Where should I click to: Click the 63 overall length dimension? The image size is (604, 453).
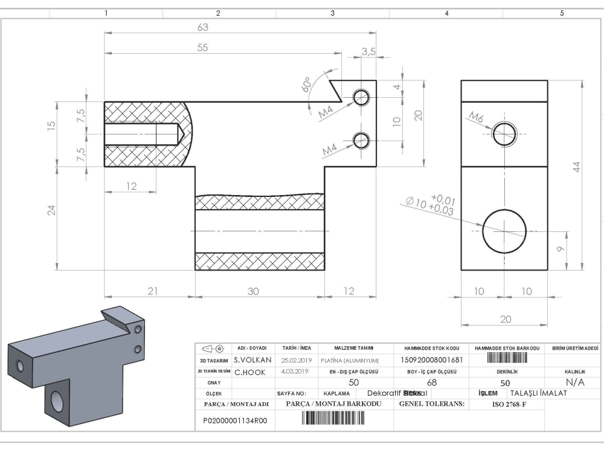coord(204,27)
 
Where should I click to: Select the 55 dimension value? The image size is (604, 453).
coord(204,50)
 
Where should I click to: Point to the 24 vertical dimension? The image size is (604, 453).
coord(52,210)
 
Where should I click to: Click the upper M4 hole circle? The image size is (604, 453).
coord(362,97)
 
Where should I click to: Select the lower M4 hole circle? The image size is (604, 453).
coord(362,140)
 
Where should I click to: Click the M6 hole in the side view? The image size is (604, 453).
coord(503,133)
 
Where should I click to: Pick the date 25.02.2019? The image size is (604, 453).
coord(296,359)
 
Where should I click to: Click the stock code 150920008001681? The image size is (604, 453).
coord(432,359)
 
